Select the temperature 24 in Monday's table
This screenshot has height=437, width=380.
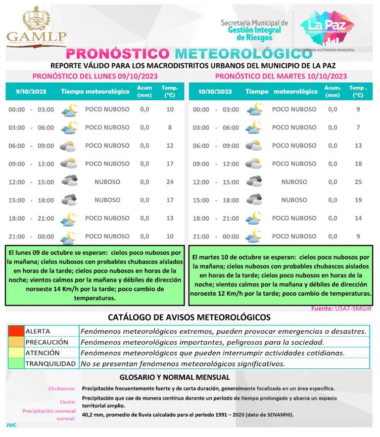click(170, 182)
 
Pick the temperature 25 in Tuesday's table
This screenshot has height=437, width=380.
click(358, 182)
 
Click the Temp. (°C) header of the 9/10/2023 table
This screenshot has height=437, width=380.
click(170, 91)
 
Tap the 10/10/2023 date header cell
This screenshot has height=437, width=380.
click(215, 91)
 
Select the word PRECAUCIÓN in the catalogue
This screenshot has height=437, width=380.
click(47, 342)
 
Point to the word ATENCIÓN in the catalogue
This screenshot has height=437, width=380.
click(43, 353)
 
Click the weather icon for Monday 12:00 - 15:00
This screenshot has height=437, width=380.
click(69, 181)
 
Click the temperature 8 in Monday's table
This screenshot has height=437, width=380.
click(170, 127)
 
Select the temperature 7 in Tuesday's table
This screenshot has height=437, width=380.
click(358, 127)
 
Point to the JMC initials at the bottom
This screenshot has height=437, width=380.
click(11, 425)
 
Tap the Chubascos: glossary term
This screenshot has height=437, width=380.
click(62, 388)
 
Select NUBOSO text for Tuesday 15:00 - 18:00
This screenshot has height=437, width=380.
click(294, 200)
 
